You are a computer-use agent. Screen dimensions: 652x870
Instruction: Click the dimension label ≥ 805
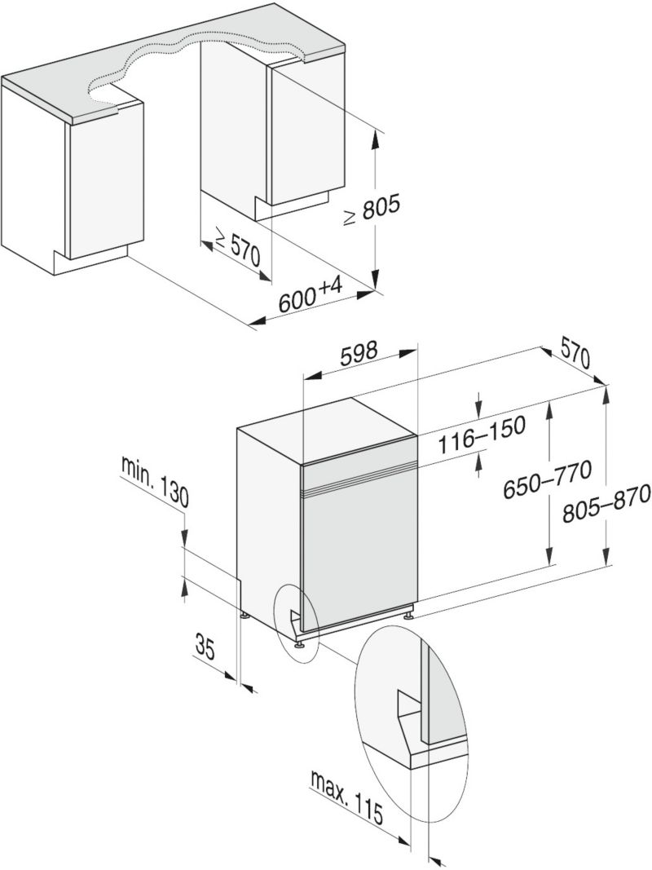pyautogui.click(x=371, y=210)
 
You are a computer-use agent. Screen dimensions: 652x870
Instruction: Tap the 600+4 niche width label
pyautogui.click(x=311, y=294)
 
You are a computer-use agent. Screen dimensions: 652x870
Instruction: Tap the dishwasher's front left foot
pyautogui.click(x=300, y=643)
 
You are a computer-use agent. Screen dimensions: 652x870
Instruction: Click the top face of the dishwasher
pyautogui.click(x=327, y=430)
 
